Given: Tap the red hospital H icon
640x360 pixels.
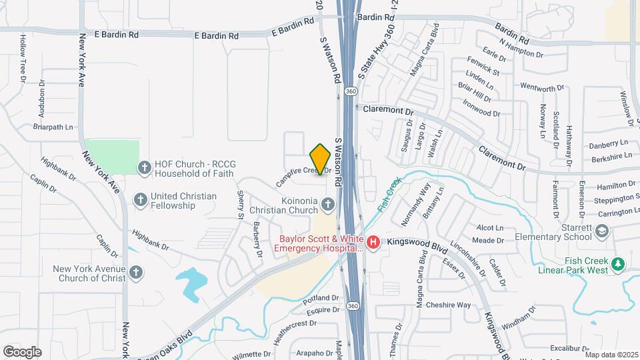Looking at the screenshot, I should coord(374,242).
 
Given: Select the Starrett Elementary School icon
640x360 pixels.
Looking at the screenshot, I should coord(603,231).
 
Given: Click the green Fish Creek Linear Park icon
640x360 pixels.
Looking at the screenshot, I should coord(618,264).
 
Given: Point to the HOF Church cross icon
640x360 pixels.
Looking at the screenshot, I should coord(143,167).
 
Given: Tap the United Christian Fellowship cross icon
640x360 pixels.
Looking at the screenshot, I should coord(140,199).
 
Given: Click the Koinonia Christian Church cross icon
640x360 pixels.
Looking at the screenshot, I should coord(329,203).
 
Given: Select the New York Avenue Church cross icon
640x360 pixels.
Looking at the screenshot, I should coord(136,272).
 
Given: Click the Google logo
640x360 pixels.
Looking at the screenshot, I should coord(22,351).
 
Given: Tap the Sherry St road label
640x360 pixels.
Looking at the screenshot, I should coord(241,205).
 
